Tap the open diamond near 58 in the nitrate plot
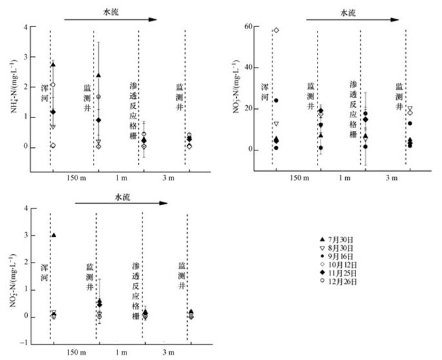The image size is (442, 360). click(276, 30)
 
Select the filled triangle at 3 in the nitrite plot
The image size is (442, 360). click(54, 235)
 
